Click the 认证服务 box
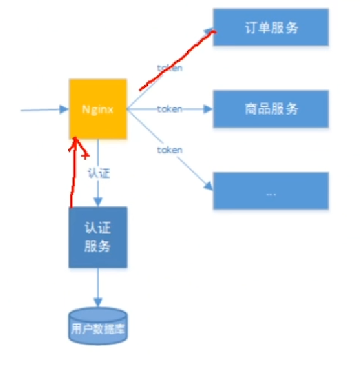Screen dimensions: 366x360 97,238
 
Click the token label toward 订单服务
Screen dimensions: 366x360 169,68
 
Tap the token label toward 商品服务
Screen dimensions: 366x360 169,109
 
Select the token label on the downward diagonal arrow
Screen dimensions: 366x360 169,150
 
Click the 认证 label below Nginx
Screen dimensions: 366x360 98,173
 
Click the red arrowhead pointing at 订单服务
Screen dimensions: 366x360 210,33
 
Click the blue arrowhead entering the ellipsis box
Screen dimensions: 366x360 209,187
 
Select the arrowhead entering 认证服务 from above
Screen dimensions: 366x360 98,202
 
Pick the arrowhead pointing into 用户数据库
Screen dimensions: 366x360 97,303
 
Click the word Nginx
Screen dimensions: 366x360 97,109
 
